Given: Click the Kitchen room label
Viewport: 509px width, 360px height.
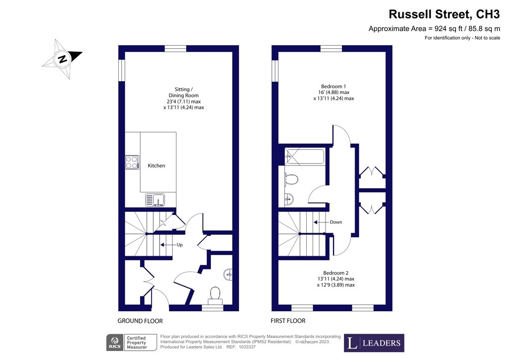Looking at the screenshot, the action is (x=156, y=166).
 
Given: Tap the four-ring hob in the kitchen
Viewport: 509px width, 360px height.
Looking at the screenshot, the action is (x=132, y=162).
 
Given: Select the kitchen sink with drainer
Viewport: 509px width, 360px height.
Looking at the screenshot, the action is (x=155, y=199).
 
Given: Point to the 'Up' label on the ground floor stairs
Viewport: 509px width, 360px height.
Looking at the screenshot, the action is (x=179, y=245).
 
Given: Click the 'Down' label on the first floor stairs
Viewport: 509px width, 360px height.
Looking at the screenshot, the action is (x=336, y=222).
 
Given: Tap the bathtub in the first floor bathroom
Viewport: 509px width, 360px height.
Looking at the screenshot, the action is (x=305, y=157).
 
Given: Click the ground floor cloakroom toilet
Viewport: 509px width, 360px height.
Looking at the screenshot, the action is (x=215, y=295).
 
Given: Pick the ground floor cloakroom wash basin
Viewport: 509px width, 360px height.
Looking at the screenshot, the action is (x=229, y=274).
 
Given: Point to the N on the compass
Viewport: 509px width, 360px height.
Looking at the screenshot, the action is (x=63, y=59).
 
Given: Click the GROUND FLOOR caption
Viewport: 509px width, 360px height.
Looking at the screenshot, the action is (x=140, y=321).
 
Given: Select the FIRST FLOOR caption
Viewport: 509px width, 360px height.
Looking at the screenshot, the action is (x=288, y=321).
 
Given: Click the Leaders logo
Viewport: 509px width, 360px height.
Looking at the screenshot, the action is (x=374, y=343).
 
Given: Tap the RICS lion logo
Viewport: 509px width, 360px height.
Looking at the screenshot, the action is (x=115, y=343).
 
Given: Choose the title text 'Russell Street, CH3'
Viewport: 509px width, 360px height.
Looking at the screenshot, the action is (x=444, y=14).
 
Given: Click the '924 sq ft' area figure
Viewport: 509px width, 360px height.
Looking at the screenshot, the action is (x=448, y=29).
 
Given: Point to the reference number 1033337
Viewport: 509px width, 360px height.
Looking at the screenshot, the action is (x=248, y=347).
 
